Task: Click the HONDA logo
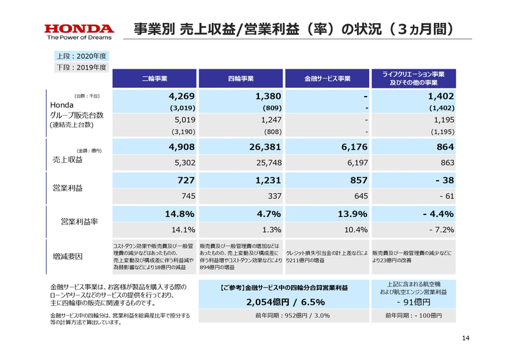(x=79, y=29)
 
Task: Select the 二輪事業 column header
(x=155, y=79)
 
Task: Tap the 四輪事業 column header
(x=241, y=79)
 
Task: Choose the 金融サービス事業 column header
(x=328, y=79)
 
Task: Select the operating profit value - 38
(x=441, y=181)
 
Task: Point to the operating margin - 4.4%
(x=438, y=214)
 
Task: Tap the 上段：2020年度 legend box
(x=79, y=56)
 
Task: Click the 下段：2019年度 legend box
(x=79, y=67)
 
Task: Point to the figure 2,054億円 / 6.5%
(x=282, y=301)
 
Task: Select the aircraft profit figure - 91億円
(x=413, y=301)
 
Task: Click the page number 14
(x=465, y=338)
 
